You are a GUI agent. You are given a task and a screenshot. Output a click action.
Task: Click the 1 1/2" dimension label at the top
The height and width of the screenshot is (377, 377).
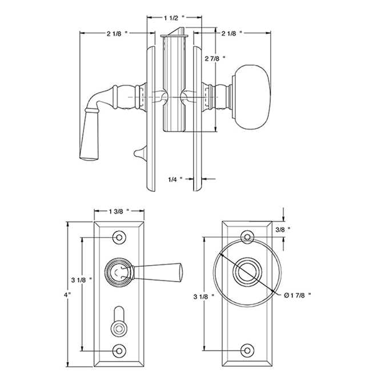click(174, 18)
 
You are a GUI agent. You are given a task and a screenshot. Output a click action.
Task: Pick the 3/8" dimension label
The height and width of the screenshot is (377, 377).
click(283, 229)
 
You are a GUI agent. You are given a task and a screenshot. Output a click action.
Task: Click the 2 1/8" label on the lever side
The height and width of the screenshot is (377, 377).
click(117, 34)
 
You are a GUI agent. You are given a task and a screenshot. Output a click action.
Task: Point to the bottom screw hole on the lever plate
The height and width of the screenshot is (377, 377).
click(119, 350)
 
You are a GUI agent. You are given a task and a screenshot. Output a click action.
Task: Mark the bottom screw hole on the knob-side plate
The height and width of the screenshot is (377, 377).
click(247, 350)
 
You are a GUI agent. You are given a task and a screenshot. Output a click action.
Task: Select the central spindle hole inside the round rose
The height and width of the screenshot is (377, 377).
click(247, 271)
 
